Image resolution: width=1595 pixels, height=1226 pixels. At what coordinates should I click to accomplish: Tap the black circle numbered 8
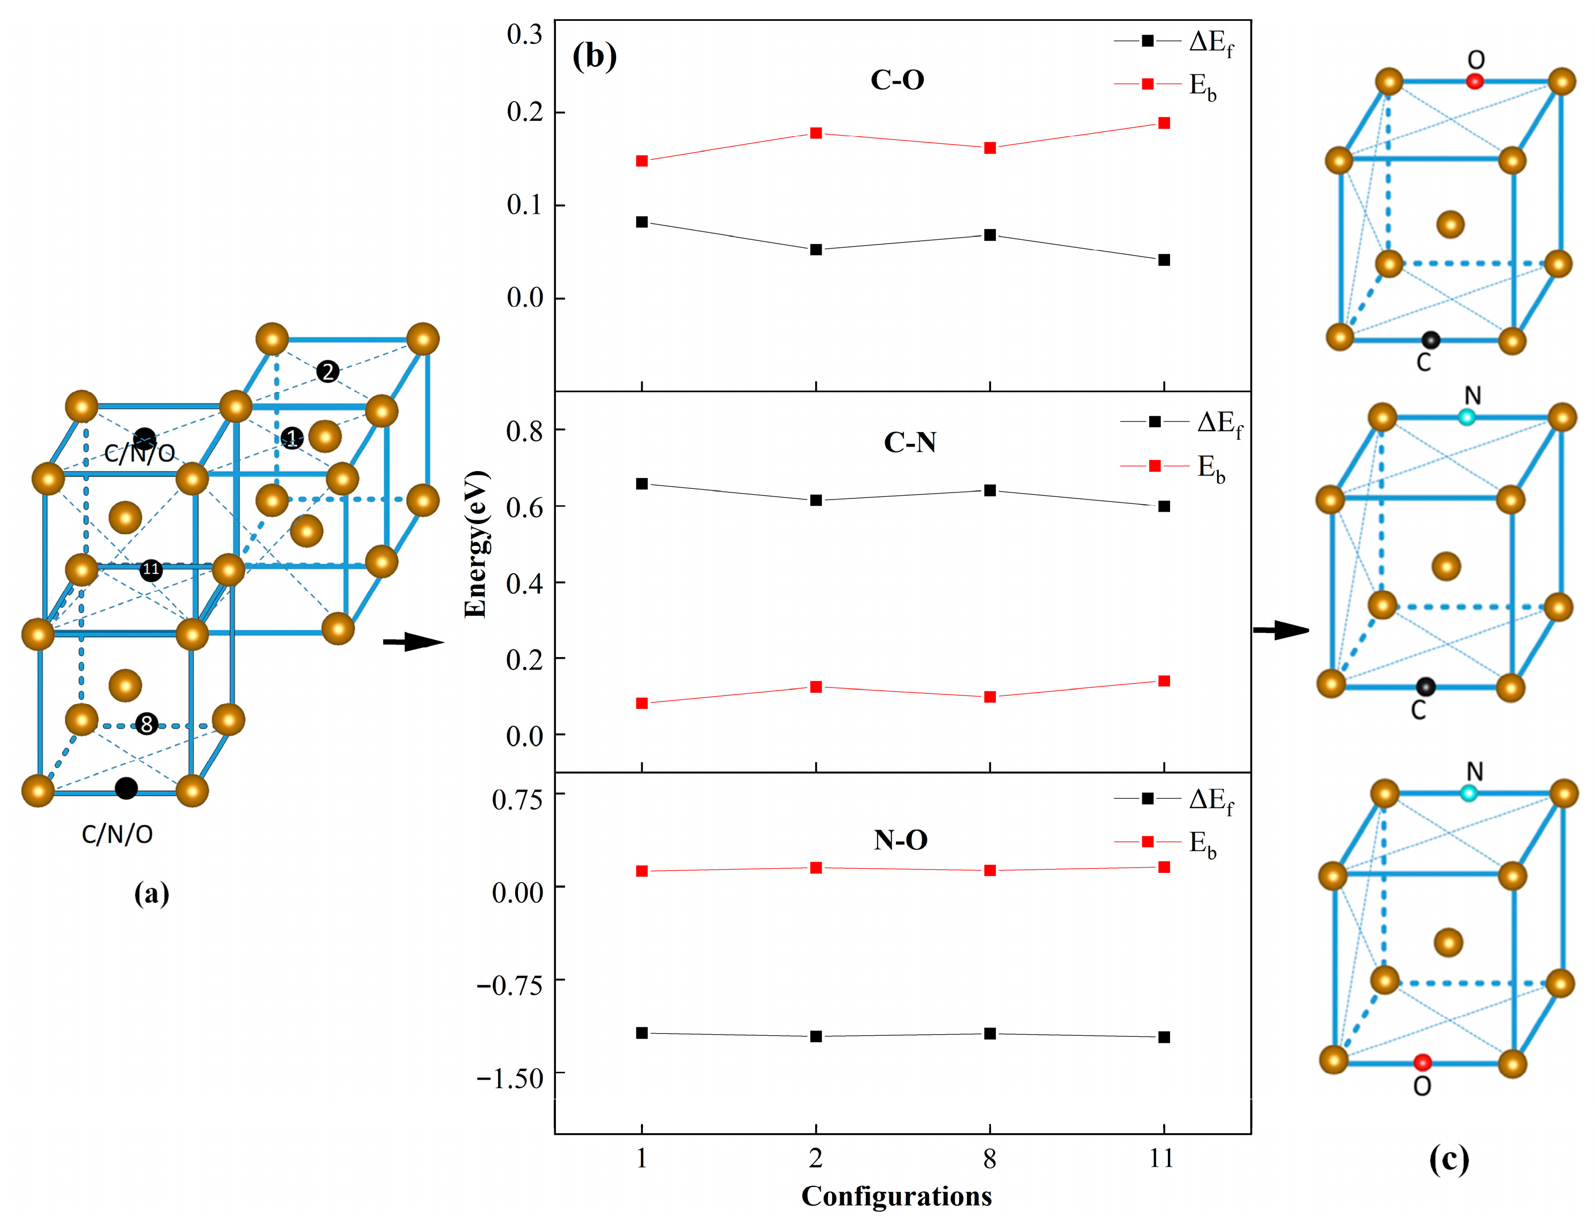coord(147,724)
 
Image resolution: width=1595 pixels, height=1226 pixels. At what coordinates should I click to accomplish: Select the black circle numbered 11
coord(151,569)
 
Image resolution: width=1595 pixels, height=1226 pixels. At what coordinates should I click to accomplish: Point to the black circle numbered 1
coord(292,438)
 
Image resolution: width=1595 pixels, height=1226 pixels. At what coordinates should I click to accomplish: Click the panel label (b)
coord(594,56)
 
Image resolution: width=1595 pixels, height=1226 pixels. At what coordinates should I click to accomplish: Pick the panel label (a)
coord(151,893)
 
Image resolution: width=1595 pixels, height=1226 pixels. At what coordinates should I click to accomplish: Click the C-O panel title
coord(897,80)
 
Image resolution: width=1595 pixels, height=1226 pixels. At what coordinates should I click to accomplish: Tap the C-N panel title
coord(910,442)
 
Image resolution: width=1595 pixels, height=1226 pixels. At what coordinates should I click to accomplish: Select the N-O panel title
coord(901,840)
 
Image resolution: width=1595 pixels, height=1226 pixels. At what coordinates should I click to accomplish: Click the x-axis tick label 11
coord(1162,1158)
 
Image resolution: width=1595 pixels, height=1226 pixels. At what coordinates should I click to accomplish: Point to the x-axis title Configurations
coord(896,1197)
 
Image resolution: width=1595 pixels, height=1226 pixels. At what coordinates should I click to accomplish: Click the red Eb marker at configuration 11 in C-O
coord(1164,123)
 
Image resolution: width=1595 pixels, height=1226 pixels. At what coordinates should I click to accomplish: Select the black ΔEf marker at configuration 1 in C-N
coord(641,484)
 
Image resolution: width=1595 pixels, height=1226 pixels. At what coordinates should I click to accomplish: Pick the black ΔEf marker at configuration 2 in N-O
coord(816,1036)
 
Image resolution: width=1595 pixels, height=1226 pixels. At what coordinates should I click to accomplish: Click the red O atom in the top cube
coord(1475,81)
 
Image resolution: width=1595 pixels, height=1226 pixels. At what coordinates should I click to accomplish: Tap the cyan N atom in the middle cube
coord(1467,417)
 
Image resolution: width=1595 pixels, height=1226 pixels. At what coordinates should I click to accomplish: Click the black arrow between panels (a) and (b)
coord(413,642)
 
